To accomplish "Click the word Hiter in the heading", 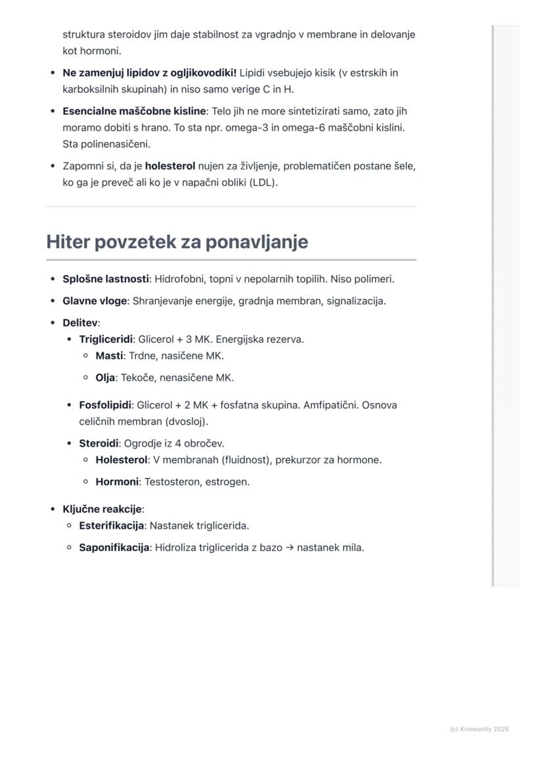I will click(68, 242).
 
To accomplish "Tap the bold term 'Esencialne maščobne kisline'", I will click(134, 112).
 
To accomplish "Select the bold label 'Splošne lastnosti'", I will click(105, 279).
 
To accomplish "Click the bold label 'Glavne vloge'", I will click(95, 301).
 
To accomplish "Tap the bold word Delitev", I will click(79, 323).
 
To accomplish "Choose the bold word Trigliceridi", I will click(106, 340).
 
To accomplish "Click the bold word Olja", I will click(105, 378).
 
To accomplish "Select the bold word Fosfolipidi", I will click(105, 405).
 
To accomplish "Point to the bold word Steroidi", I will click(99, 443).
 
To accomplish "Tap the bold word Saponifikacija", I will click(114, 548).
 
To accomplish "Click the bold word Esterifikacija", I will click(112, 526).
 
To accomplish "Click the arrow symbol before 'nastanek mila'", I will click(290, 548).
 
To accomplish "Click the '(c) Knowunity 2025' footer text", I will click(479, 729).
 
